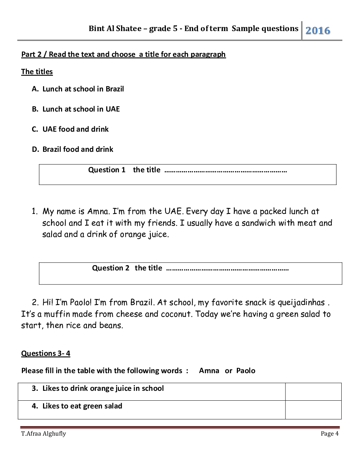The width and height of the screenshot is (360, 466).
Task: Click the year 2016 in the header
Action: [318, 31]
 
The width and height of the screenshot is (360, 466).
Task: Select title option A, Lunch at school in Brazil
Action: [83, 89]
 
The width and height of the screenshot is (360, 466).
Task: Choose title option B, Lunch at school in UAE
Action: [81, 109]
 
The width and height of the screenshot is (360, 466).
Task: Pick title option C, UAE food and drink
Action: [75, 129]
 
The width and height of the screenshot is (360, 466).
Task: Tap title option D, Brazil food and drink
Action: [78, 149]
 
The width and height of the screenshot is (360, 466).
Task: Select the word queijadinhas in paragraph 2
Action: [301, 303]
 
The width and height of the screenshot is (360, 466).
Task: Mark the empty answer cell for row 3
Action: [313, 392]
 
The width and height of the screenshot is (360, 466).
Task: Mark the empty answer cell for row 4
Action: [313, 410]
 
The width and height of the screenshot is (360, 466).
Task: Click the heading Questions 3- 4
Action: [46, 353]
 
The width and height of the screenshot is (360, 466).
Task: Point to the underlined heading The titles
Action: [37, 72]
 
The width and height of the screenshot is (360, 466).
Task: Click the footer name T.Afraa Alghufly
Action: [43, 434]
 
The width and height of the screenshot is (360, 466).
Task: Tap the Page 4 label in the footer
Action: [329, 434]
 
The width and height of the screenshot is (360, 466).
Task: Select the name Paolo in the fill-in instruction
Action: [246, 371]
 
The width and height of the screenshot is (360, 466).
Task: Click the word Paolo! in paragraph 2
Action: [80, 303]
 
